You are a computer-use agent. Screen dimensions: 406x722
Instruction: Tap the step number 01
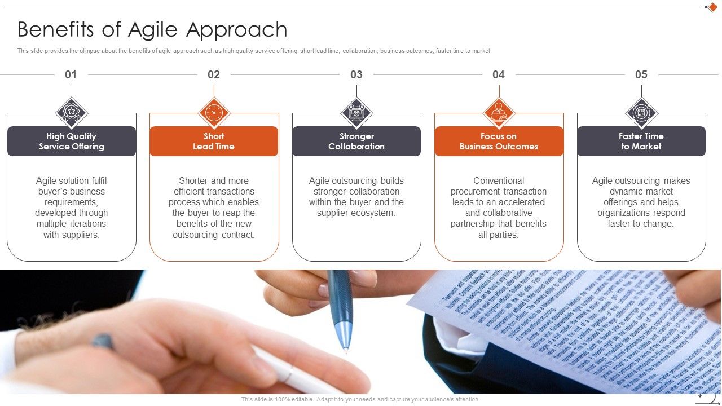(x=71, y=74)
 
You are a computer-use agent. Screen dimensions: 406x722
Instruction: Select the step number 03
(x=356, y=74)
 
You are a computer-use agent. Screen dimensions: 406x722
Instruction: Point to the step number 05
(x=641, y=74)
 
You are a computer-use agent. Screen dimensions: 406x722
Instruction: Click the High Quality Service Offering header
(x=72, y=141)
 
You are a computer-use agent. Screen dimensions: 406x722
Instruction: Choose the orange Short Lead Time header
(x=214, y=141)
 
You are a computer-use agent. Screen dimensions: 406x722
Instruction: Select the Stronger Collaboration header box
(x=356, y=141)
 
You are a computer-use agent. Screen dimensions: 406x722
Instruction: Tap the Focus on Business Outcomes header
(x=499, y=141)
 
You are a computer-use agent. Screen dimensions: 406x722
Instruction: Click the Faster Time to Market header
(x=641, y=141)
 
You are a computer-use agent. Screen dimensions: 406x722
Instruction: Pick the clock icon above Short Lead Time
(x=214, y=112)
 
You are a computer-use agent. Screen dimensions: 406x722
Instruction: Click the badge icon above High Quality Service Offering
(x=72, y=112)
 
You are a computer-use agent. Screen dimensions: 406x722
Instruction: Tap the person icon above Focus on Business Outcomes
(x=499, y=112)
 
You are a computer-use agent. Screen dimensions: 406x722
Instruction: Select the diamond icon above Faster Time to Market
(x=641, y=112)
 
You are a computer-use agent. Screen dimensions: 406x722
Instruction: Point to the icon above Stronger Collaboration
(x=356, y=112)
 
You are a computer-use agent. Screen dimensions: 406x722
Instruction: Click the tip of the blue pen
(x=346, y=351)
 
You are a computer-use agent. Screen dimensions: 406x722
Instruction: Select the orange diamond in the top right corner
(x=712, y=7)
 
